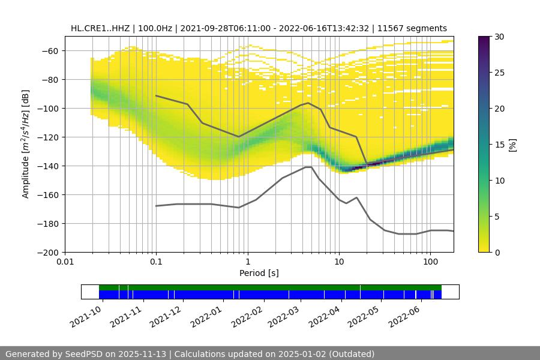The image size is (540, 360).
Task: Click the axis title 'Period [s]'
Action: [259, 273]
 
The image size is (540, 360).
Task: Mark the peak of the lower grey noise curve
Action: [308, 167]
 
